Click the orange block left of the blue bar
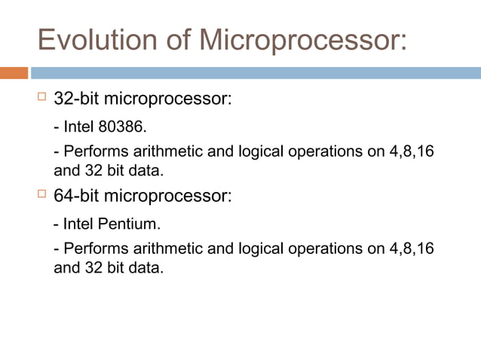pyautogui.click(x=14, y=73)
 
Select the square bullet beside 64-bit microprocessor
pyautogui.click(x=41, y=196)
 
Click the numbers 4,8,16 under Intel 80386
pyautogui.click(x=412, y=151)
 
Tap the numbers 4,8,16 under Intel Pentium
pyautogui.click(x=412, y=249)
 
